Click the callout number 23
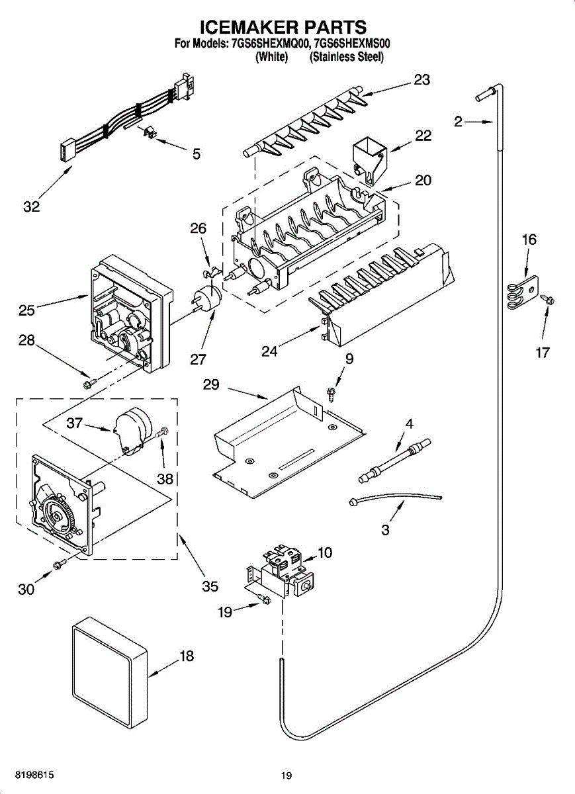tap(422, 80)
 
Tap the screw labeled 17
tap(547, 300)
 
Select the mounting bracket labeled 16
tap(523, 292)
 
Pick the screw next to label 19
tap(264, 599)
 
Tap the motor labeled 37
tap(132, 430)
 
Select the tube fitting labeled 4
tap(394, 461)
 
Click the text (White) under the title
tap(271, 57)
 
